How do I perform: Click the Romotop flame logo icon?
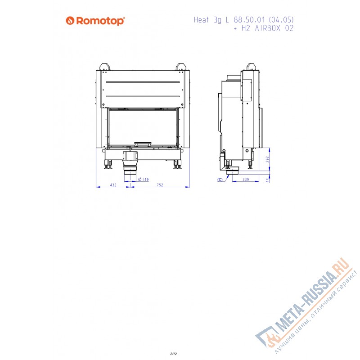tap(70, 20)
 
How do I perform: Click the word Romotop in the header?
tap(99, 21)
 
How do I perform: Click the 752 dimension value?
tap(160, 185)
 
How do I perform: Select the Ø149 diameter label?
tap(143, 180)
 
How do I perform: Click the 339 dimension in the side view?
tap(246, 180)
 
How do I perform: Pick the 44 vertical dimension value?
tap(266, 180)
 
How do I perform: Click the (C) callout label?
tap(220, 180)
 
